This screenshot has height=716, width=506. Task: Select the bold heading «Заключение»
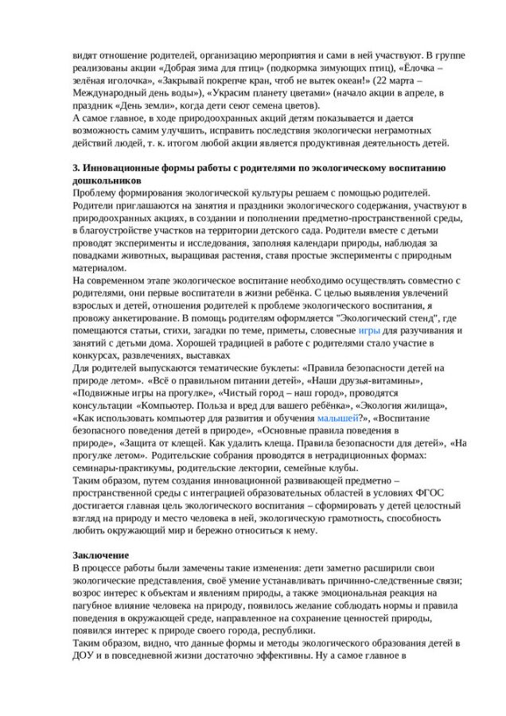pos(100,554)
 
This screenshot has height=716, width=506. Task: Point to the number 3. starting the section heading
pos(76,168)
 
